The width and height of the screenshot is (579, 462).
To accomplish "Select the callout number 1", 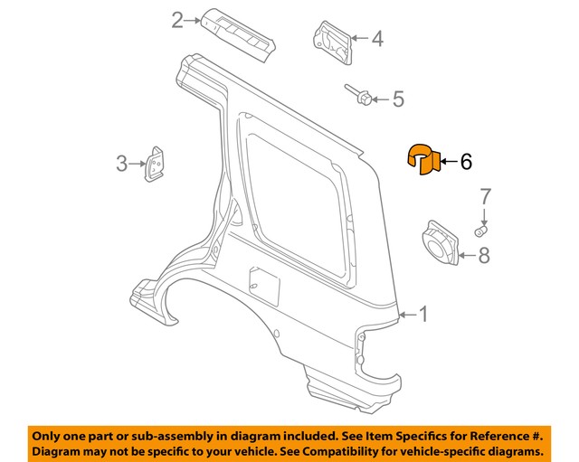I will pos(422,314).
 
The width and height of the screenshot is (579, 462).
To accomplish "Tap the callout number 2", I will pos(178,19).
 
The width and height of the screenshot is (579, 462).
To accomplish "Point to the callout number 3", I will pos(120,164).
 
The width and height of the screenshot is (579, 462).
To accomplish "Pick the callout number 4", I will pos(376,38).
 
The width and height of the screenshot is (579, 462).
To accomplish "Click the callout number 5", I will pos(398,99).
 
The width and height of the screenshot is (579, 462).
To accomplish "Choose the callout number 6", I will pos(466,162).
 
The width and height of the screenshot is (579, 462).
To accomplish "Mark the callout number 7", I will pos(484,196).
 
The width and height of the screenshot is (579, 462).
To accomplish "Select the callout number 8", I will pos(484,256).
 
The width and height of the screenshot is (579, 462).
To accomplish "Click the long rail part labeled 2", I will pos(239,34).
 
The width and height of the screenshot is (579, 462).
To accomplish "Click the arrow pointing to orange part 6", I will pos(448,162).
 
